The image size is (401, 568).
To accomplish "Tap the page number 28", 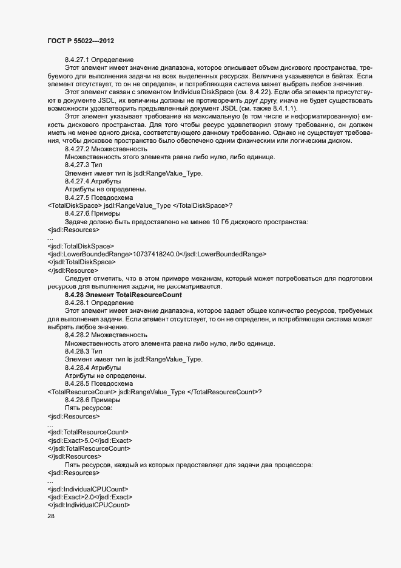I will pyautogui.click(x=51, y=517).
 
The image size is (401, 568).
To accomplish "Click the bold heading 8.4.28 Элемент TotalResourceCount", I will pyautogui.click(x=123, y=295).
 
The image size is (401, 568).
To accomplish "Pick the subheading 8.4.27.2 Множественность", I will pyautogui.click(x=106, y=149).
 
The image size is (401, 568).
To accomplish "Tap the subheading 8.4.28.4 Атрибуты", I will pyautogui.click(x=92, y=368).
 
